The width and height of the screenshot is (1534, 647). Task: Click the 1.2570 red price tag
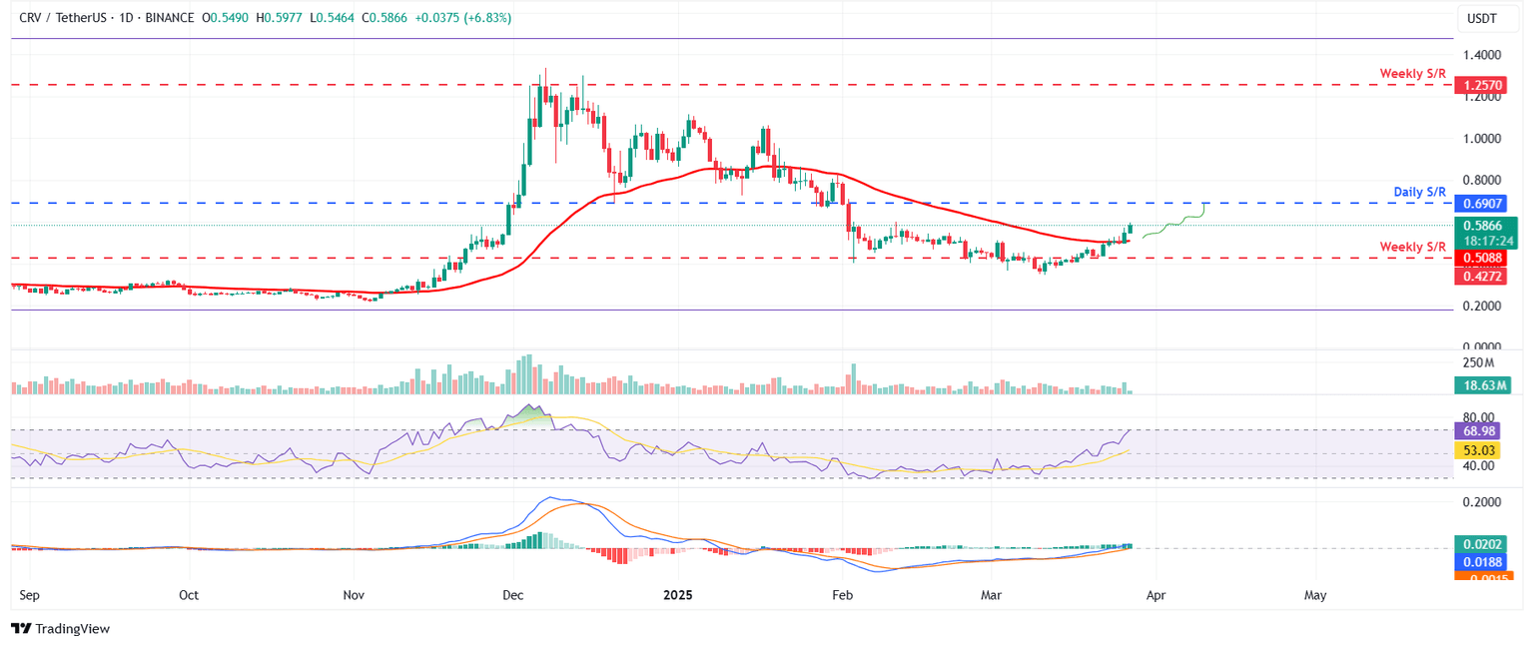coord(1484,87)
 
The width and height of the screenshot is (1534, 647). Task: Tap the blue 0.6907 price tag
coord(1484,204)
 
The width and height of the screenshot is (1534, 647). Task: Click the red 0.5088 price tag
coord(1484,258)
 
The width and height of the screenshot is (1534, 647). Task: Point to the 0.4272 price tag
coord(1484,277)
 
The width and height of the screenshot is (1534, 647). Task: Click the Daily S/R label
coord(1419,191)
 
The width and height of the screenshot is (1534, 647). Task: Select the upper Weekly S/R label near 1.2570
coord(1413,74)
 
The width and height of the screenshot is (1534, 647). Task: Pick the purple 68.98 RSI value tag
coord(1483,430)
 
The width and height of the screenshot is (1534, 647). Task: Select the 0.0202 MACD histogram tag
coord(1483,544)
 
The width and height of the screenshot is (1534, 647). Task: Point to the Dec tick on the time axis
coord(512,595)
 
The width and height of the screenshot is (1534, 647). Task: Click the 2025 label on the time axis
coord(677,595)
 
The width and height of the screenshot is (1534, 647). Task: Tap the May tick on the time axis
coord(1315,595)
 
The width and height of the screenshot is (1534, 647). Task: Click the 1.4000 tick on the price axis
coord(1484,56)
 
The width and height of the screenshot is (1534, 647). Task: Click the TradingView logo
coord(60,629)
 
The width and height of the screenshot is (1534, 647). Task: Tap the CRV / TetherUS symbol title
coord(64,18)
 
